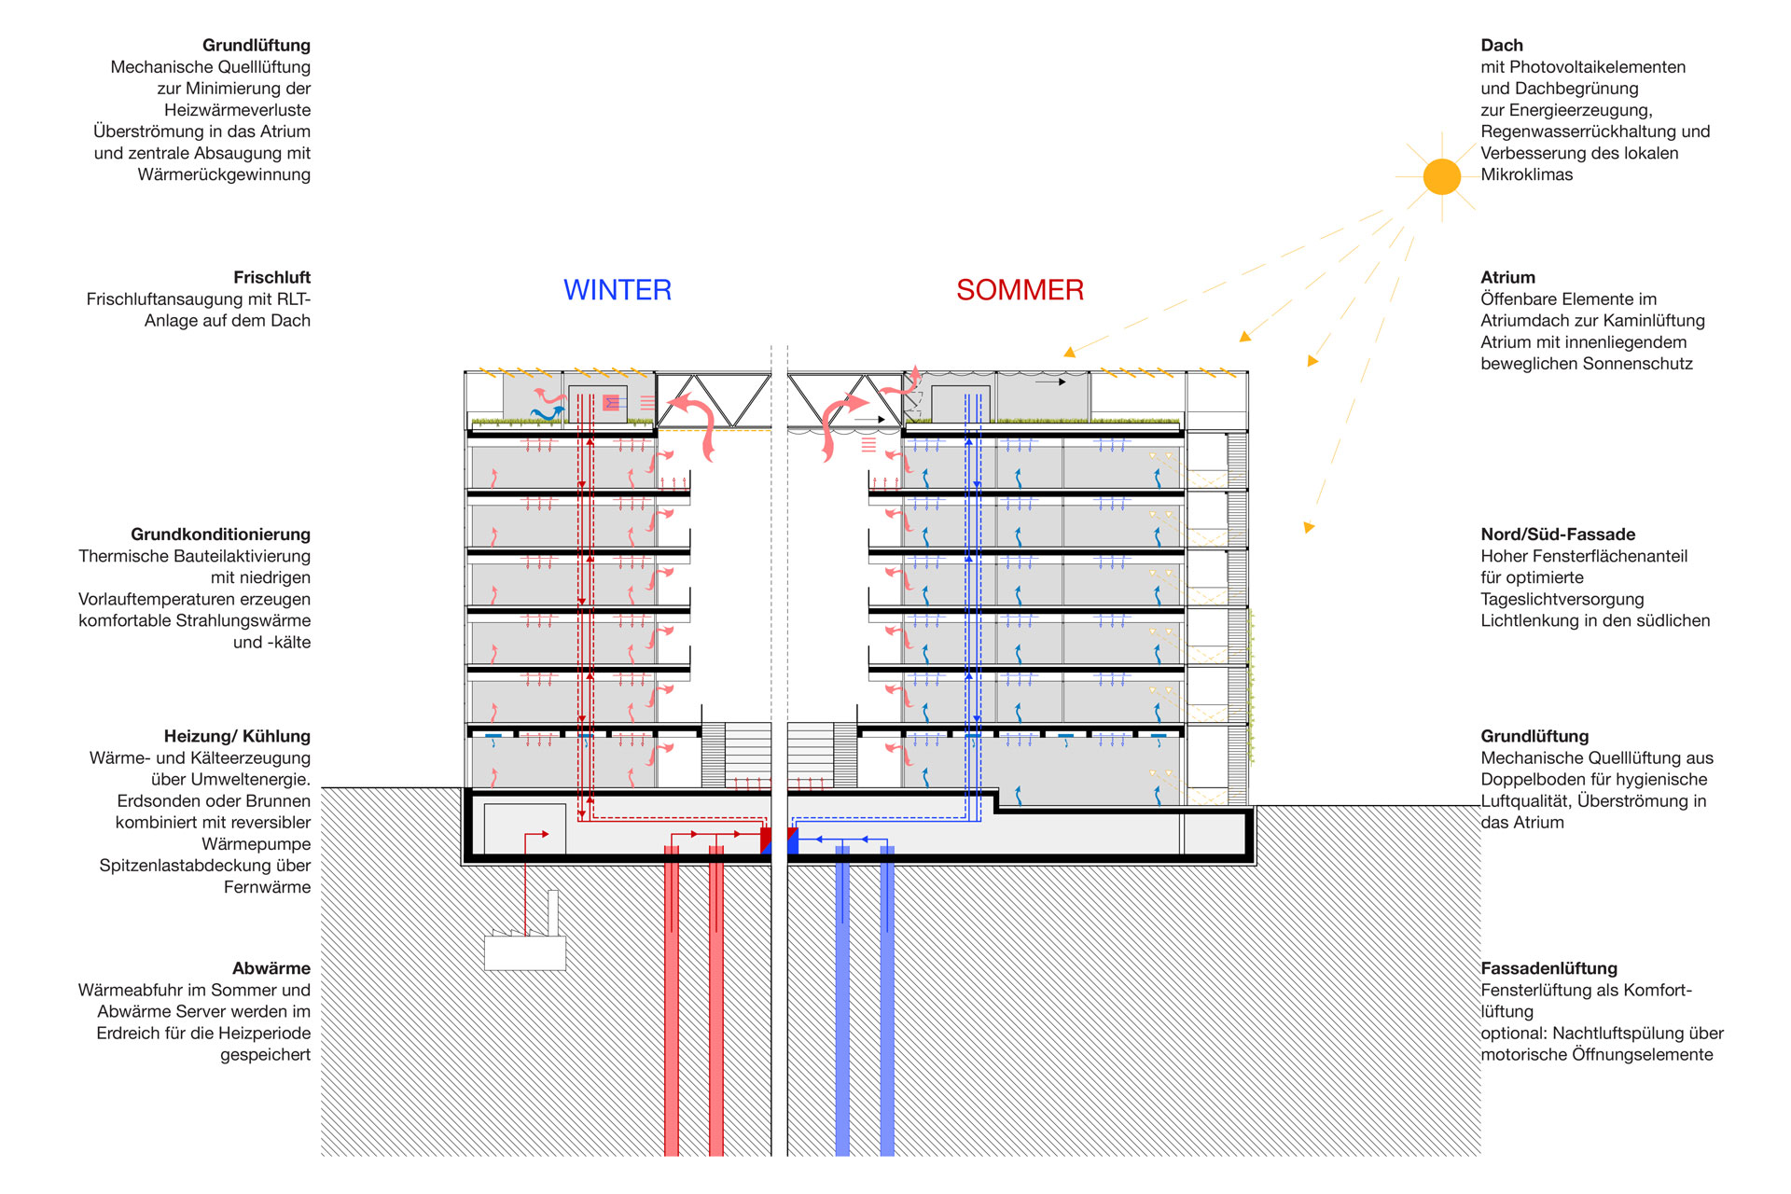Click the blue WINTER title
pyautogui.click(x=618, y=290)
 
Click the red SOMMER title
pyautogui.click(x=1020, y=290)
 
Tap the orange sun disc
pyautogui.click(x=1441, y=176)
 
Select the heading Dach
pyautogui.click(x=1502, y=45)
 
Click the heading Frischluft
pyautogui.click(x=271, y=277)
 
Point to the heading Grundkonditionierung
pyautogui.click(x=220, y=535)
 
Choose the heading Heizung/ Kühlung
pyautogui.click(x=237, y=736)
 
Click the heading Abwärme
pyautogui.click(x=271, y=968)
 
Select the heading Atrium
pyautogui.click(x=1507, y=277)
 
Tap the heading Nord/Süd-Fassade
pyautogui.click(x=1558, y=535)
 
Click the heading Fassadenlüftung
pyautogui.click(x=1549, y=968)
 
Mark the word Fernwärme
pyautogui.click(x=267, y=887)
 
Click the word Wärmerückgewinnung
pyautogui.click(x=224, y=174)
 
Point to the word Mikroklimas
pyautogui.click(x=1526, y=174)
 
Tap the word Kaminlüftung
pyautogui.click(x=1650, y=321)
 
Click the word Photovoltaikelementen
pyautogui.click(x=1598, y=67)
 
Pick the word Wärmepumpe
pyautogui.click(x=257, y=844)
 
